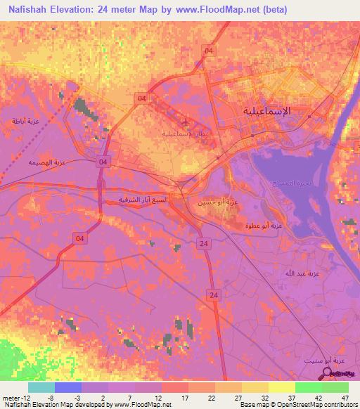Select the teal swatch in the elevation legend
tap(41, 387)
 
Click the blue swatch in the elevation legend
tap(68, 387)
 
